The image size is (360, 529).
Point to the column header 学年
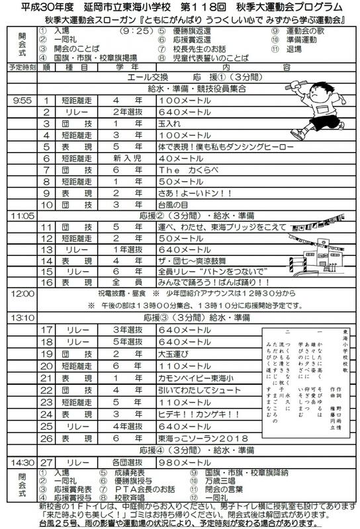click(x=126, y=66)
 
